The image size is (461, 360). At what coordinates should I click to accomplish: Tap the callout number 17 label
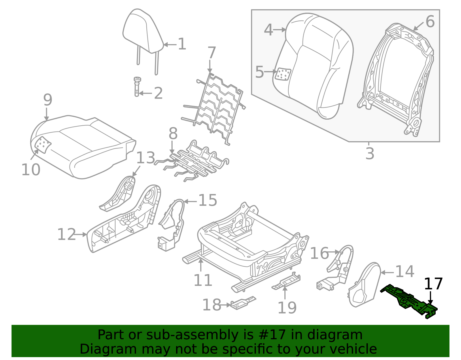coord(433,284)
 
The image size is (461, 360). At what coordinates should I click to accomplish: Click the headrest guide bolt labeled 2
coord(137,86)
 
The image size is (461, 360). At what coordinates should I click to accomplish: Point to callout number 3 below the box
coord(370,153)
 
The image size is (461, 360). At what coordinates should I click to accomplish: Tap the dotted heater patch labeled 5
coord(283,74)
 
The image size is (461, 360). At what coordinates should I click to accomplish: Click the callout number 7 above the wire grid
coord(212,53)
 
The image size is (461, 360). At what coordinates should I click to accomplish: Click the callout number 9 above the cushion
coord(48,100)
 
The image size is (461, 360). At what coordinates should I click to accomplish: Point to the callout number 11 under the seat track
coord(203,280)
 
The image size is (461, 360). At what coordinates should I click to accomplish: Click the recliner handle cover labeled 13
coord(118,196)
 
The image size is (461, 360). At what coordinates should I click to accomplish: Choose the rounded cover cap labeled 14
coord(364,285)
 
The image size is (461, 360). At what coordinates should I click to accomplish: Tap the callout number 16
coord(319,253)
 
